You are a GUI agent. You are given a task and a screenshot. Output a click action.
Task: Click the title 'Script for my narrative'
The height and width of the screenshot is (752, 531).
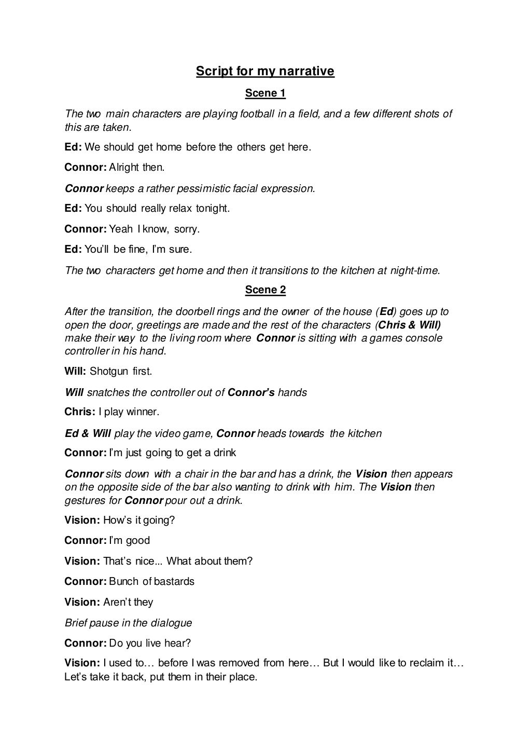point(265,71)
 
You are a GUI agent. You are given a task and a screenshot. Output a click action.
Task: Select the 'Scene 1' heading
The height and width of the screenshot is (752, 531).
point(265,93)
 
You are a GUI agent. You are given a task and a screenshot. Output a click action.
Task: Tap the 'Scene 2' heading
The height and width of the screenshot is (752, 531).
point(265,290)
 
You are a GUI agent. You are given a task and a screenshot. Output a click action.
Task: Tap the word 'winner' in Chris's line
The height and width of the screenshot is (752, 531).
point(143,412)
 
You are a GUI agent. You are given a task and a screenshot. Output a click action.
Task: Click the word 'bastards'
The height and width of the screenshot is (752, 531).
point(174,582)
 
